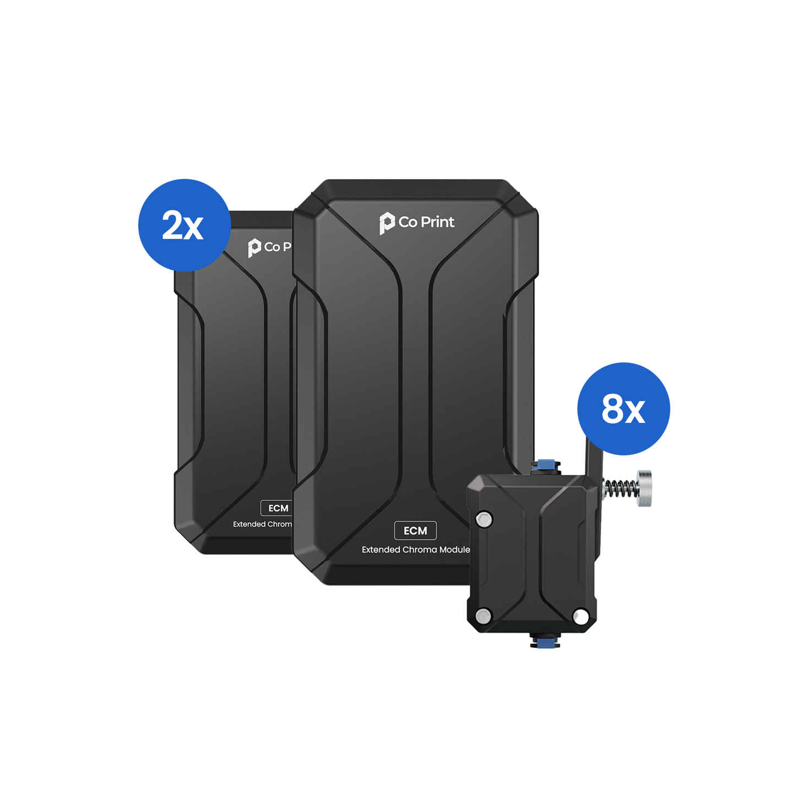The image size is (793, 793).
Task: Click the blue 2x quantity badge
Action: pyautogui.click(x=183, y=224)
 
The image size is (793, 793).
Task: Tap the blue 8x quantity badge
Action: pyautogui.click(x=623, y=409)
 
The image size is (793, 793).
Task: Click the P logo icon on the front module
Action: pyautogui.click(x=387, y=224)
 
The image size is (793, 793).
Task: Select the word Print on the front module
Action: pyautogui.click(x=437, y=222)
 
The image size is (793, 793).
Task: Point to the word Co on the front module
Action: pyautogui.click(x=408, y=222)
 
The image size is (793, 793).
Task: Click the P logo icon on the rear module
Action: pyautogui.click(x=254, y=248)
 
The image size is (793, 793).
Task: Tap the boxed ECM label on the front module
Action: pyautogui.click(x=415, y=530)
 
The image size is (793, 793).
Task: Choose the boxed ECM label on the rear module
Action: pyautogui.click(x=278, y=508)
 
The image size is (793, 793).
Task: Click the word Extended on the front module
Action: pyautogui.click(x=381, y=550)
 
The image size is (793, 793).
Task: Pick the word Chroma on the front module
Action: pyautogui.click(x=420, y=550)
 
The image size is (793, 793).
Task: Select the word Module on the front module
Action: pyautogui.click(x=455, y=550)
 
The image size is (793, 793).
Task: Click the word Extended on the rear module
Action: pyautogui.click(x=249, y=524)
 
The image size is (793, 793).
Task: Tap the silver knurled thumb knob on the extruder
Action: pyautogui.click(x=643, y=488)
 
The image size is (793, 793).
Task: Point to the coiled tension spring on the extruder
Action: pyautogui.click(x=618, y=488)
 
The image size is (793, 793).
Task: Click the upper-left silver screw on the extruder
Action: pyautogui.click(x=484, y=519)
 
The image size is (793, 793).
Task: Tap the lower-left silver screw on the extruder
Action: pyautogui.click(x=484, y=615)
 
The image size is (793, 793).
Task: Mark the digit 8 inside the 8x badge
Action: pyautogui.click(x=612, y=409)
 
